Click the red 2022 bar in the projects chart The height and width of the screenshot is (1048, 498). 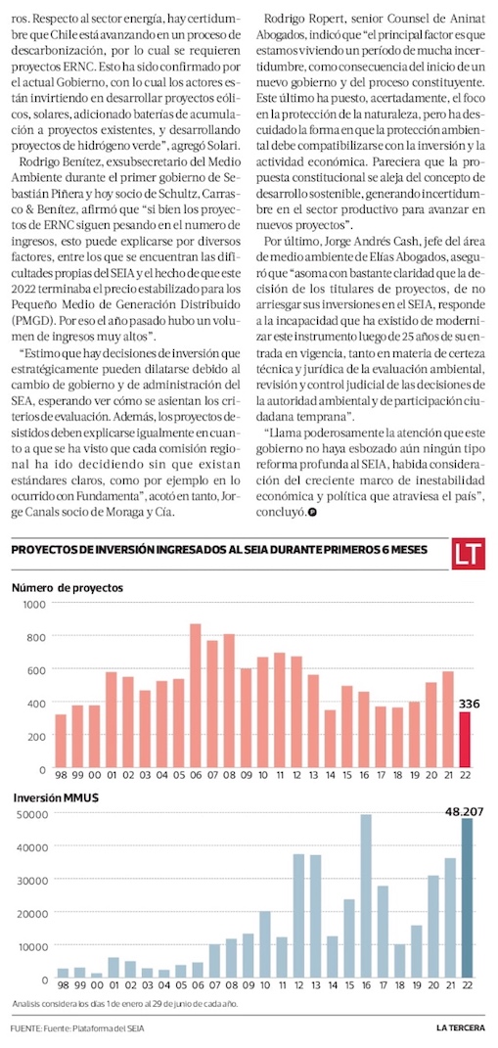click(464, 740)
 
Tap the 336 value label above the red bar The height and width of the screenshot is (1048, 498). click(470, 704)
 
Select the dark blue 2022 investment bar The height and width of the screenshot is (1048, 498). click(464, 898)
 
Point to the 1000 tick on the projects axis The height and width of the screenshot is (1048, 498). click(32, 604)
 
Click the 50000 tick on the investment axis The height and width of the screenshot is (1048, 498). click(29, 813)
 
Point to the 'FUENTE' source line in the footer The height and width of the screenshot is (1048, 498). click(77, 1027)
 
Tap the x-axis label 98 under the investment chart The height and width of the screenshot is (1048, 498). click(63, 986)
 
